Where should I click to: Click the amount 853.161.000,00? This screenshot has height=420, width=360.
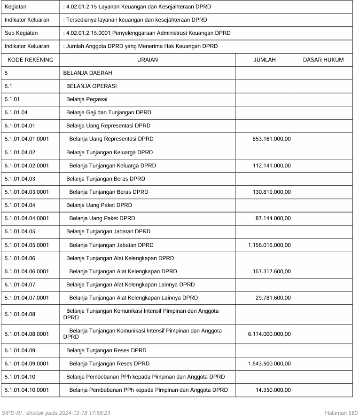(x=270, y=139)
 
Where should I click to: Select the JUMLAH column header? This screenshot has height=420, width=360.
(x=264, y=60)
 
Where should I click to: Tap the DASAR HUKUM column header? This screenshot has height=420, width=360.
(x=323, y=60)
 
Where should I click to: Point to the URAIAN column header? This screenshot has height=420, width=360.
(x=147, y=60)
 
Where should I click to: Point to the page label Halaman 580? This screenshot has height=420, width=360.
(x=341, y=413)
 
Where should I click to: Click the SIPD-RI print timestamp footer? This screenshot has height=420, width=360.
(x=56, y=413)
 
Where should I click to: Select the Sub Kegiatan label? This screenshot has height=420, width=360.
(x=21, y=33)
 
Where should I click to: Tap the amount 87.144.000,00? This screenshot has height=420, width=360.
(x=273, y=218)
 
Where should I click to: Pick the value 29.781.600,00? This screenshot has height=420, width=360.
(x=273, y=298)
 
